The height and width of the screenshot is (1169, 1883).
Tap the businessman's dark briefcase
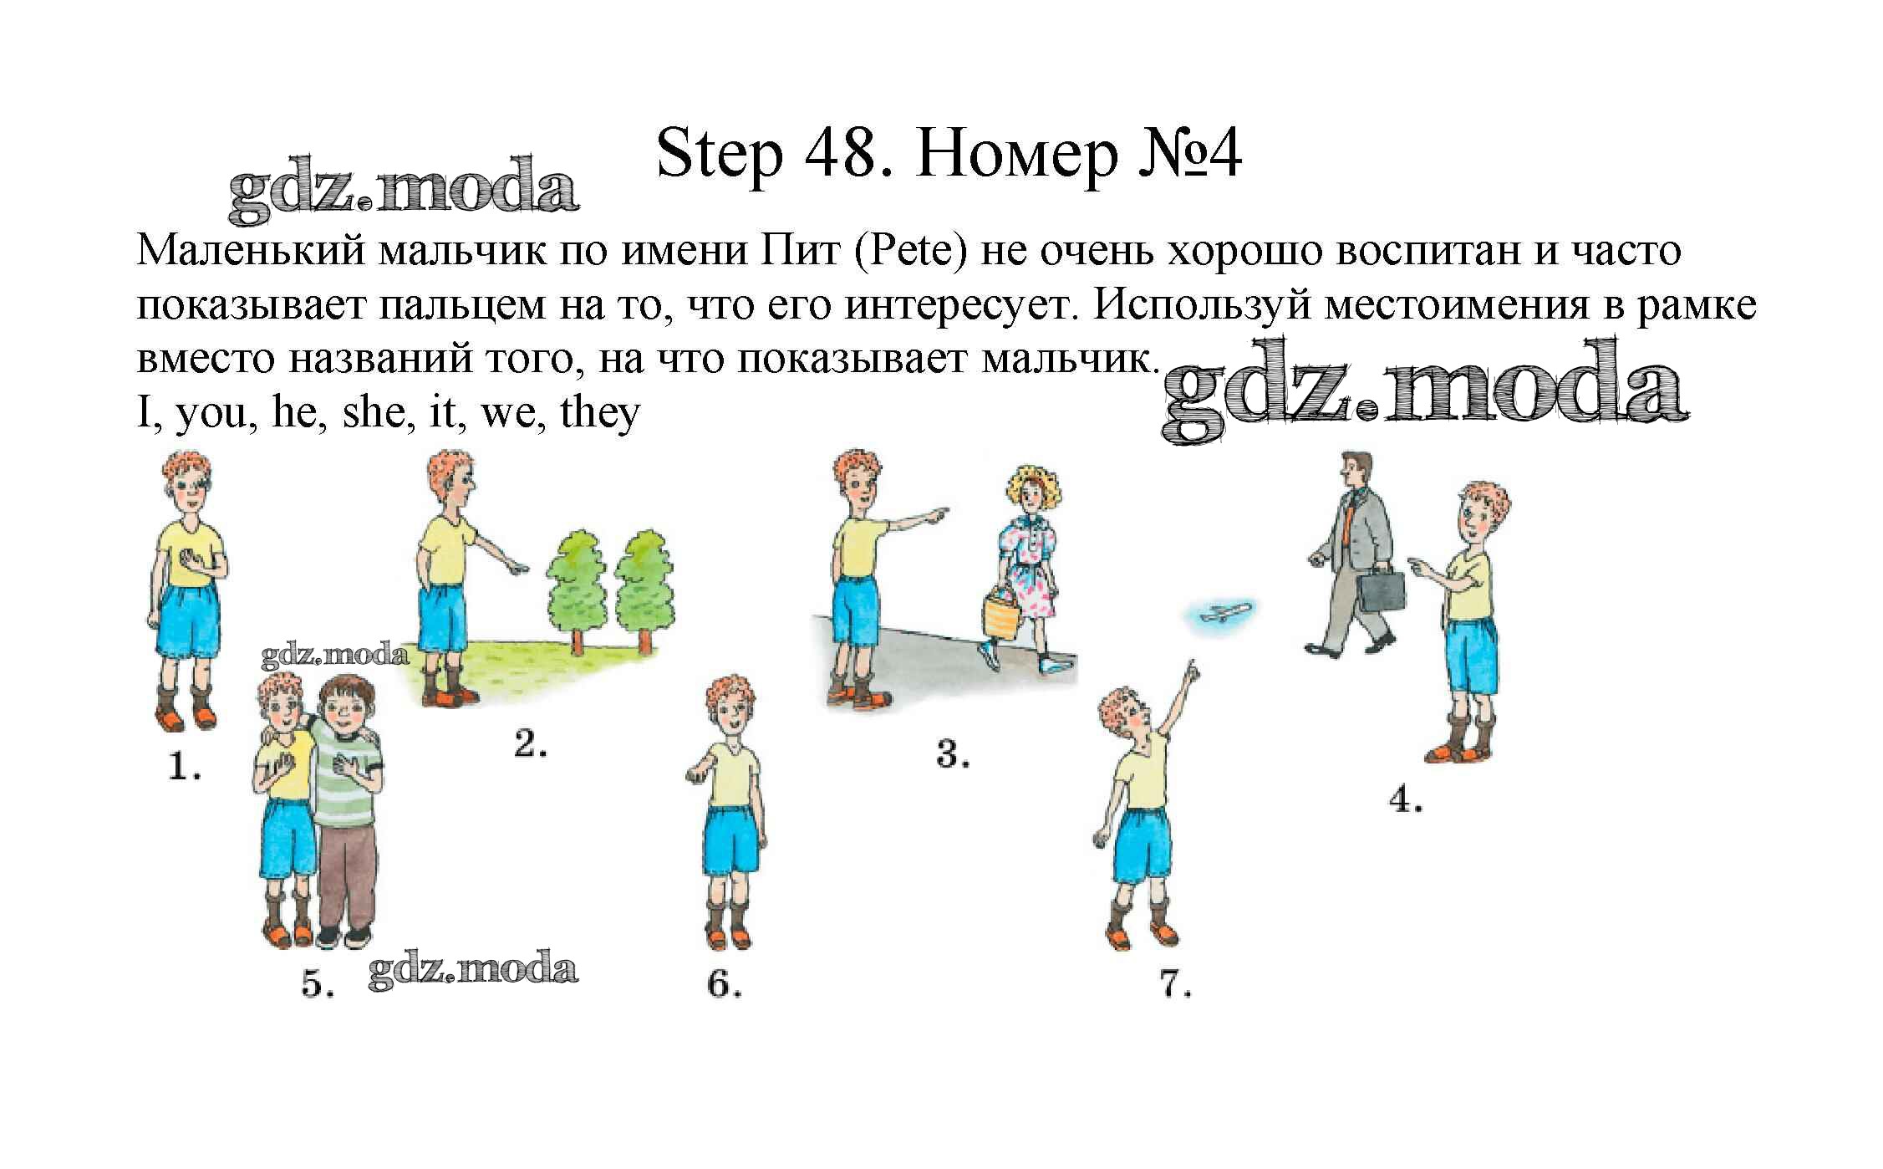[1380, 589]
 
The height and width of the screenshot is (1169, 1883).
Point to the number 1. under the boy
[185, 767]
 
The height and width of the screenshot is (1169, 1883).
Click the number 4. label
[1406, 800]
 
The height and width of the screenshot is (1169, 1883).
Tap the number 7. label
[1175, 985]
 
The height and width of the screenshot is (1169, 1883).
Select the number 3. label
[952, 754]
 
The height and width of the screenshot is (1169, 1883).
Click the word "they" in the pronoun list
[600, 413]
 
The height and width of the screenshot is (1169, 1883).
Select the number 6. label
[725, 984]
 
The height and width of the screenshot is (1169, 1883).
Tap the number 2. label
[531, 743]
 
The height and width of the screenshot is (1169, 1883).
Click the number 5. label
[318, 984]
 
